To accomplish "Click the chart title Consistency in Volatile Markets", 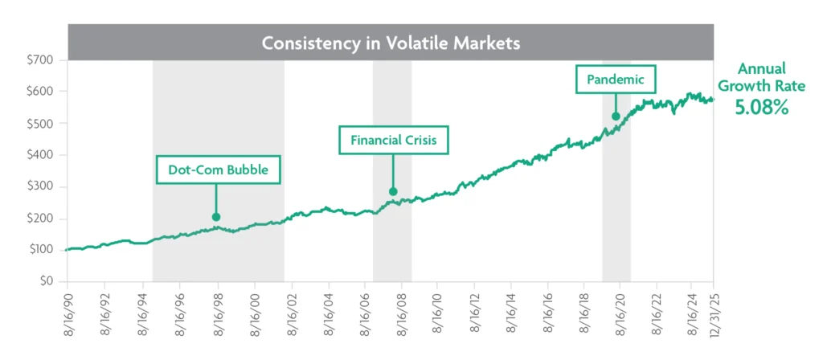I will click(391, 42).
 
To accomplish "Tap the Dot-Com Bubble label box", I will click(219, 170).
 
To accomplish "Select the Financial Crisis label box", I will click(393, 140).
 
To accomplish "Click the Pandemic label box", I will click(616, 80).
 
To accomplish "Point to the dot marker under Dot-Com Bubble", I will click(215, 216).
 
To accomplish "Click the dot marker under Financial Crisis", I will click(393, 191).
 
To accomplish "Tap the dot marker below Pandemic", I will click(616, 117).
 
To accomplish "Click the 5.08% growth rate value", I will click(761, 107).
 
